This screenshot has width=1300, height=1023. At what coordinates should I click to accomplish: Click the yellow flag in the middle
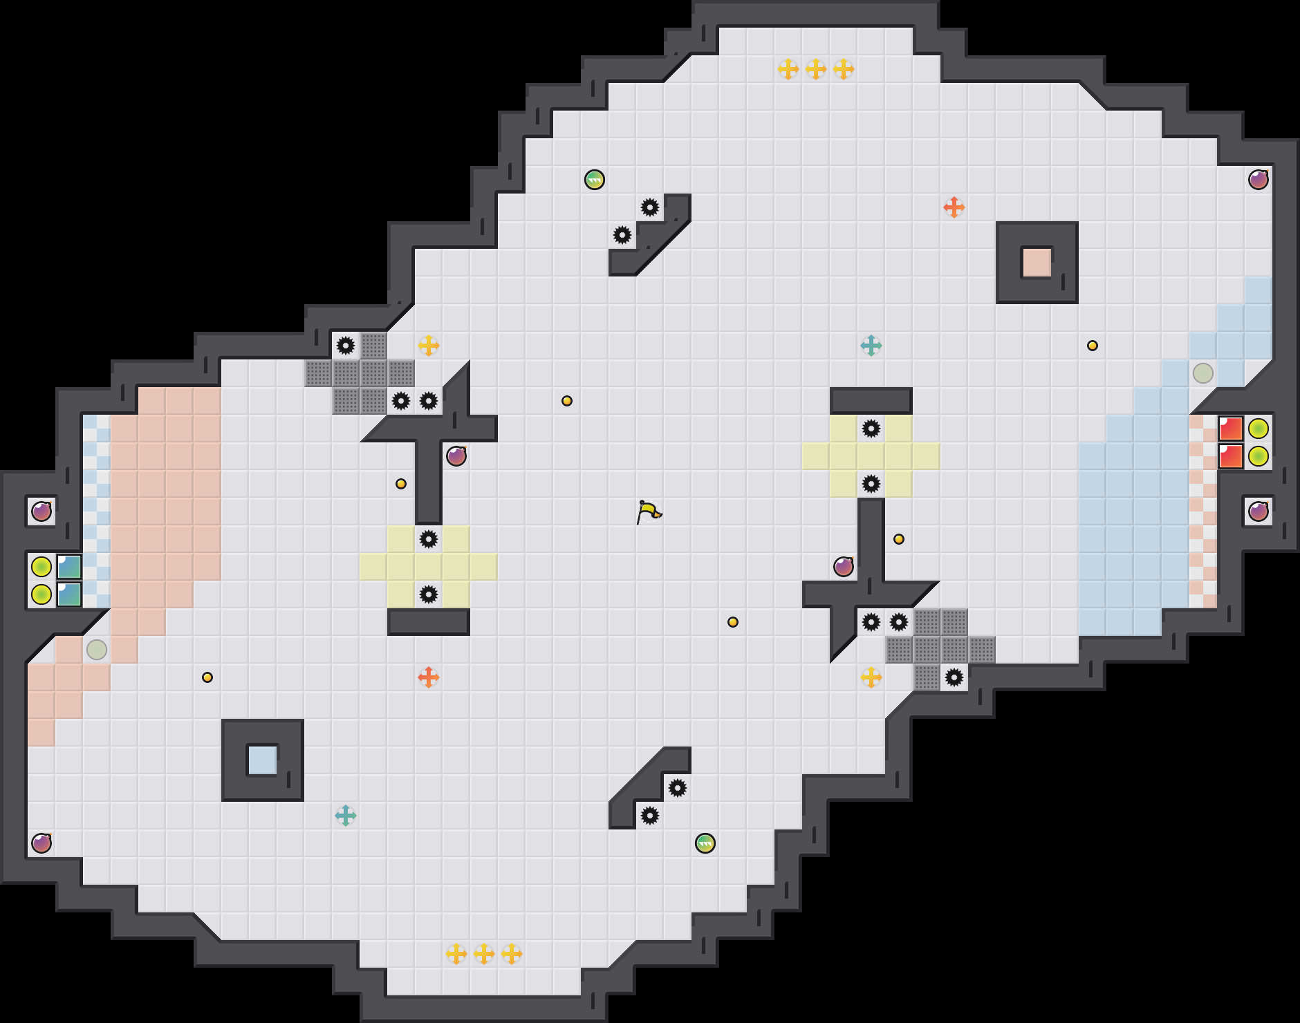click(x=649, y=511)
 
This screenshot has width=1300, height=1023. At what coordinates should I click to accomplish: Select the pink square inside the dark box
click(x=1037, y=263)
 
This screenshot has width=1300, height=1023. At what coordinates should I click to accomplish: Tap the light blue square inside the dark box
click(x=262, y=760)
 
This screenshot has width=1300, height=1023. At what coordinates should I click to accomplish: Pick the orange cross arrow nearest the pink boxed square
click(x=954, y=207)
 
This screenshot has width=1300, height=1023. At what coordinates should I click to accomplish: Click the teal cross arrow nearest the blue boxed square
click(x=345, y=816)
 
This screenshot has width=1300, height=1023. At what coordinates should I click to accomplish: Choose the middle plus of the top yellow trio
click(x=816, y=69)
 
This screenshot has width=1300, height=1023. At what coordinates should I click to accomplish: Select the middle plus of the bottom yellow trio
click(x=484, y=954)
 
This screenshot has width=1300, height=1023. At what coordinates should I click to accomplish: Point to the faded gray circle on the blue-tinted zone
click(x=1203, y=373)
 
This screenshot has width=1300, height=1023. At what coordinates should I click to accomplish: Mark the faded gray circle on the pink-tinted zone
click(x=97, y=650)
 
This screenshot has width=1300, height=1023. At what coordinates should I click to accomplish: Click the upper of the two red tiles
click(x=1231, y=429)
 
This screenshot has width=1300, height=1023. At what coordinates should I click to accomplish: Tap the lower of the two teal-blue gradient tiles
click(x=69, y=594)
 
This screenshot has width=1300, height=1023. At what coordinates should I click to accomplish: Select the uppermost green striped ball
click(x=595, y=180)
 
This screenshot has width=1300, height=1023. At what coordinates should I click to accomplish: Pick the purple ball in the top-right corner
click(x=1259, y=180)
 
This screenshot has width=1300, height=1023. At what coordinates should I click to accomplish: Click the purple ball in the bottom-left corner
click(x=41, y=843)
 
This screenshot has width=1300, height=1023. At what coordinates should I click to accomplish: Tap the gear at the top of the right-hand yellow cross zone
click(x=871, y=429)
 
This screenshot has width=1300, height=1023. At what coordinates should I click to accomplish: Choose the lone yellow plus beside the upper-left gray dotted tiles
click(x=429, y=345)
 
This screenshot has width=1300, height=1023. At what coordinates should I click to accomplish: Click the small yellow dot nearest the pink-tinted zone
click(x=207, y=677)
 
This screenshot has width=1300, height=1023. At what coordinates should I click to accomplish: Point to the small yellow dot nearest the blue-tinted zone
click(x=1093, y=346)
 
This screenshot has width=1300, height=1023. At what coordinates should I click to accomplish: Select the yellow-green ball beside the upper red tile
click(x=1259, y=429)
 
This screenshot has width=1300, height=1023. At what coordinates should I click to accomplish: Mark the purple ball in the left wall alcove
click(x=41, y=511)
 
